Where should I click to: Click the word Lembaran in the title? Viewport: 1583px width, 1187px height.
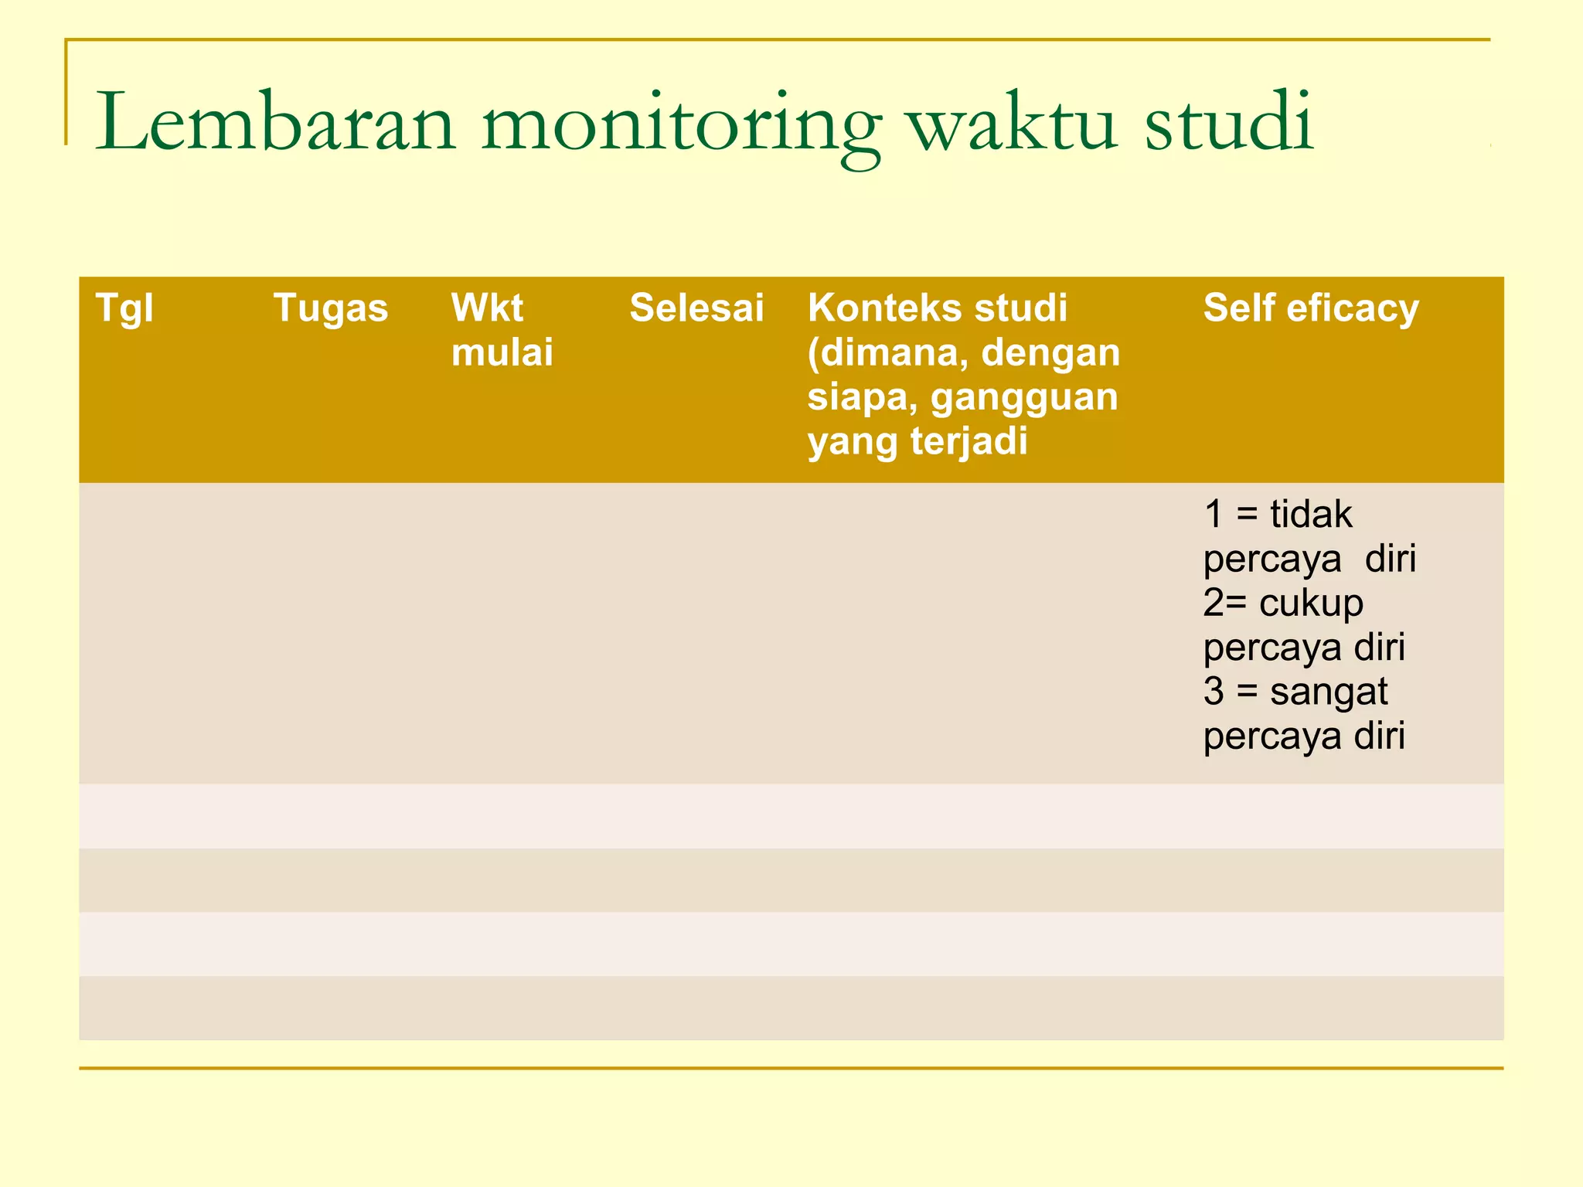point(275,122)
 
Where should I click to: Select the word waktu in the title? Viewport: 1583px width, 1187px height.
point(1013,122)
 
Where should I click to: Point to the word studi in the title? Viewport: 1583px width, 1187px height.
point(1229,122)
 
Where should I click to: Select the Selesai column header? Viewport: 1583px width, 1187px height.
point(696,308)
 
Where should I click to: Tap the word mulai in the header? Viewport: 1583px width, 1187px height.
point(502,352)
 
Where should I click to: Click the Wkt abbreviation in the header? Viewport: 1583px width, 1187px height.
point(487,308)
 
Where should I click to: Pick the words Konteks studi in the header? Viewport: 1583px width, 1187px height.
point(938,308)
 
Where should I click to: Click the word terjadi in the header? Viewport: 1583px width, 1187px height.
point(969,442)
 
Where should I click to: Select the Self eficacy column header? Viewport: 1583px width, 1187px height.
point(1311,308)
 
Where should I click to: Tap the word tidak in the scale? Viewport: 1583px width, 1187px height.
point(1311,514)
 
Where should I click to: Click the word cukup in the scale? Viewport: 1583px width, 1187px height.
point(1311,604)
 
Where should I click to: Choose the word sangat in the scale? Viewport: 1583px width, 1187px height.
point(1329,692)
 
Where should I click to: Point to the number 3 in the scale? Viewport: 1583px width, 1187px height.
point(1214,691)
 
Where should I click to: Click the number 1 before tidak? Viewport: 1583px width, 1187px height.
point(1214,514)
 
